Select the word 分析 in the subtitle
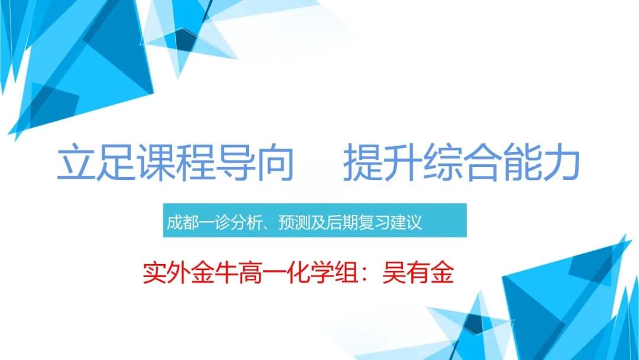pos(246,223)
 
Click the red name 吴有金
pos(418,273)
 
